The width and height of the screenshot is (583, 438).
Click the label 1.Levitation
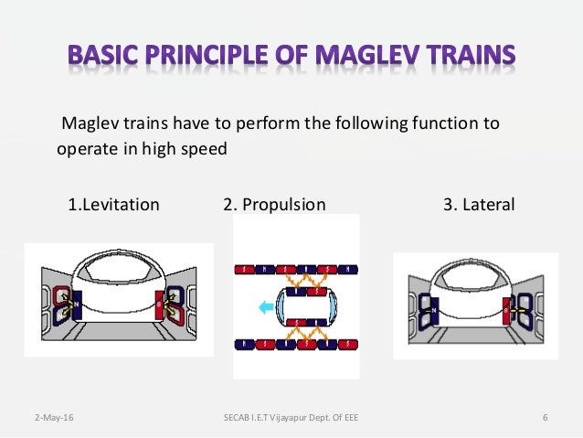(113, 204)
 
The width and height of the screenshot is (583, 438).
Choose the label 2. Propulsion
(274, 204)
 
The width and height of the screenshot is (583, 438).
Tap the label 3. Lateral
(479, 204)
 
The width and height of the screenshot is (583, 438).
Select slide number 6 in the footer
(545, 419)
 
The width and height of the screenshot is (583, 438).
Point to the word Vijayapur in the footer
(293, 419)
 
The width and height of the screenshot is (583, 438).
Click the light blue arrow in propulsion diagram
(268, 308)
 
